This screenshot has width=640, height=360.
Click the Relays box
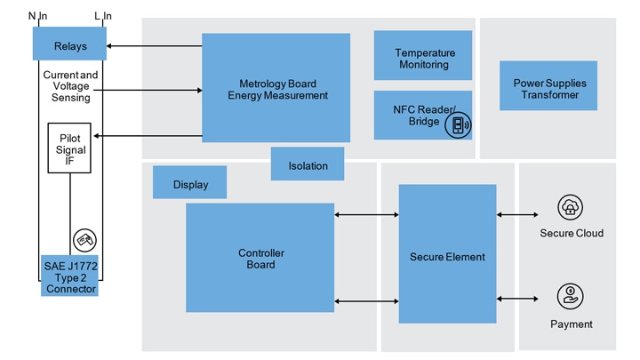[70, 45]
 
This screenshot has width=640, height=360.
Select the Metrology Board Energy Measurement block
[276, 88]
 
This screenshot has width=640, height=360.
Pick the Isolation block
[308, 164]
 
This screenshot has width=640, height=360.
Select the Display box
[189, 183]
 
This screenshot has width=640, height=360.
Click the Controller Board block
[260, 258]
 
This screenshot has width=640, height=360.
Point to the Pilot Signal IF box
[70, 149]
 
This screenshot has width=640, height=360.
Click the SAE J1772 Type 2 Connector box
[69, 276]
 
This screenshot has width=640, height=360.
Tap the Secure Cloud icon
[570, 209]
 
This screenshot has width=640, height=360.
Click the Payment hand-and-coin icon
[570, 296]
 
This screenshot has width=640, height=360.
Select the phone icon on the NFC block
[458, 125]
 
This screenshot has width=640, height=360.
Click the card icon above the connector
[84, 239]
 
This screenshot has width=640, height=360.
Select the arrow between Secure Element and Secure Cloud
[517, 215]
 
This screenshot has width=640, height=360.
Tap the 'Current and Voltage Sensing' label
[70, 86]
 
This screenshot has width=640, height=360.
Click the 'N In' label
[37, 15]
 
